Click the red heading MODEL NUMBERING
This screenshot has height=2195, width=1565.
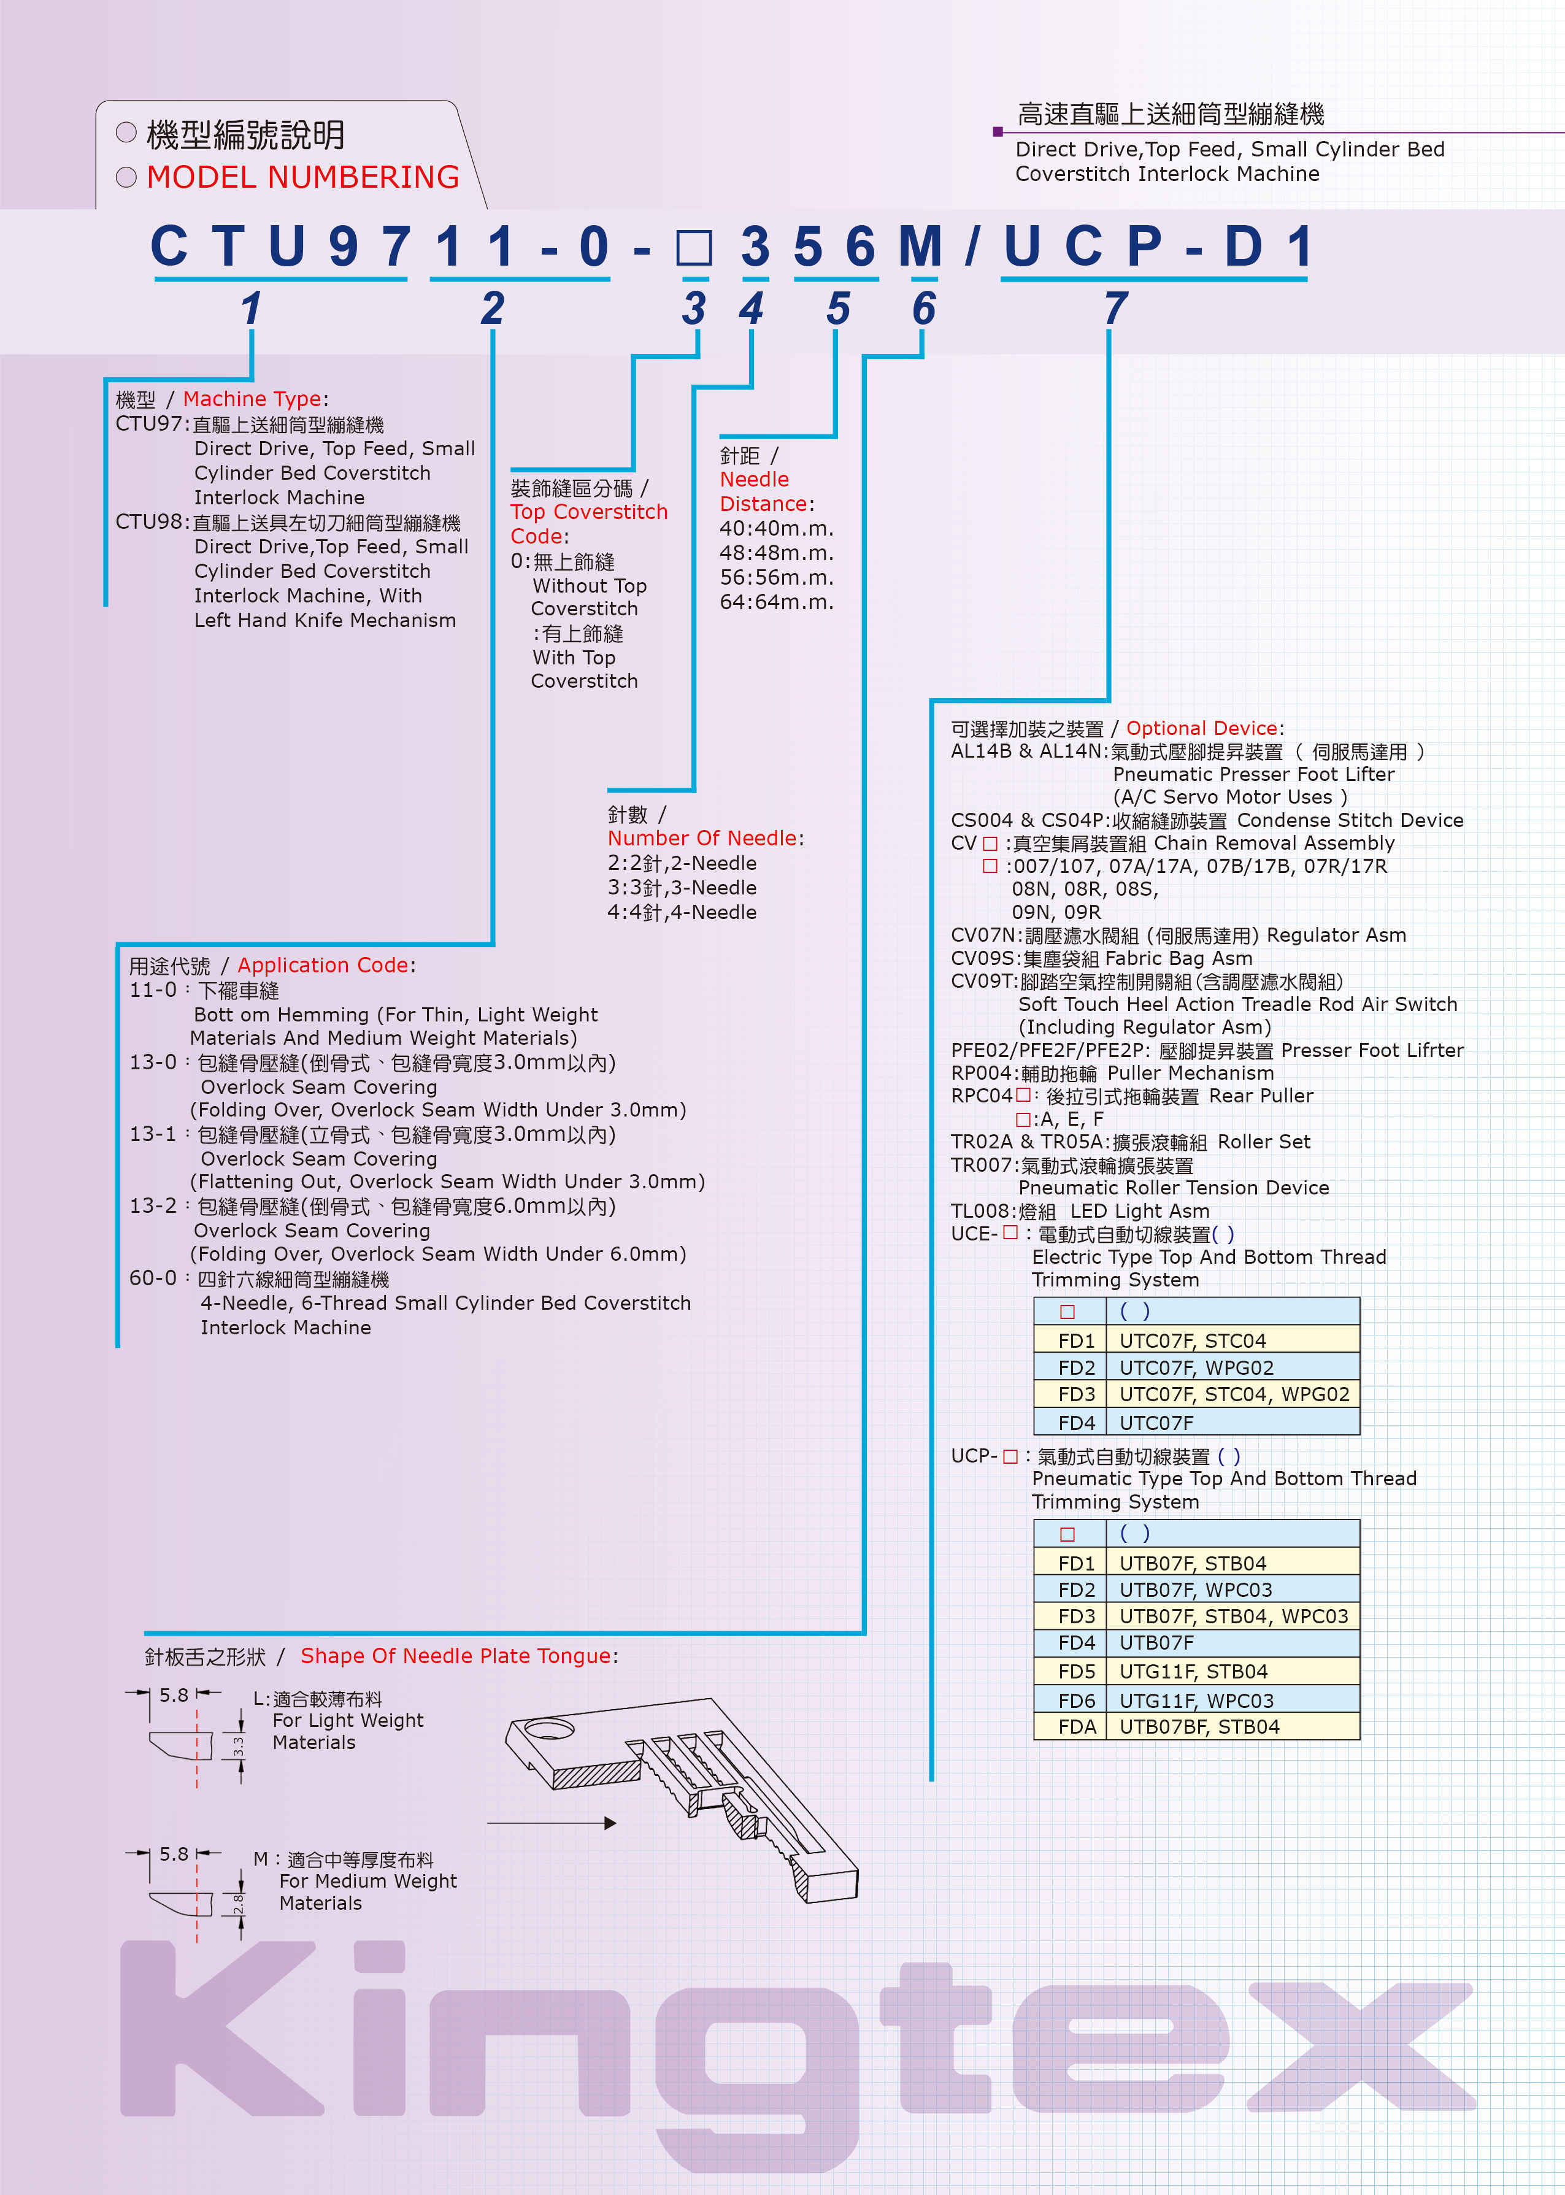(302, 177)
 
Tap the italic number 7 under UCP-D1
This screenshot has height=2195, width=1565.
(1115, 309)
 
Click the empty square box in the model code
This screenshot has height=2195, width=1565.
(694, 248)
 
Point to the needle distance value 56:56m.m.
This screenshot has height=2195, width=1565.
(776, 577)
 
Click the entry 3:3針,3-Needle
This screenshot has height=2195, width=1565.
(682, 888)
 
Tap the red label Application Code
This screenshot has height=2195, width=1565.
(323, 966)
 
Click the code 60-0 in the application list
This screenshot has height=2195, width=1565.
(153, 1278)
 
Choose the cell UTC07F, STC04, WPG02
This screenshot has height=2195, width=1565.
(1234, 1394)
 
